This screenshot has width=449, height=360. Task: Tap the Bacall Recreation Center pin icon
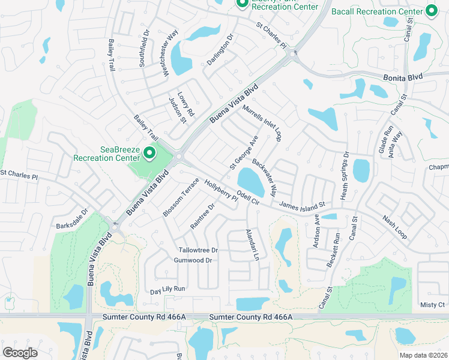(x=430, y=10)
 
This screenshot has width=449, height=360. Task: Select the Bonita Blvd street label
(x=403, y=77)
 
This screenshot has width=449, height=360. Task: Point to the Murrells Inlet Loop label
(x=262, y=123)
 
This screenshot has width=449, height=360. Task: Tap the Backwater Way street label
(x=264, y=178)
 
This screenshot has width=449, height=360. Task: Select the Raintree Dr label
(x=202, y=216)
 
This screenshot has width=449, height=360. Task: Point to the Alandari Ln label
(x=252, y=245)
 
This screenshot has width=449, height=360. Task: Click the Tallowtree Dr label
(x=197, y=250)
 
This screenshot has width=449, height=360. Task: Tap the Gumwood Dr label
(x=193, y=260)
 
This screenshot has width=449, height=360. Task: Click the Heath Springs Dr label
(x=345, y=176)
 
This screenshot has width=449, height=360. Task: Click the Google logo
(x=20, y=352)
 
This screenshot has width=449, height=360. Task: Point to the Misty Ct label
(x=432, y=305)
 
